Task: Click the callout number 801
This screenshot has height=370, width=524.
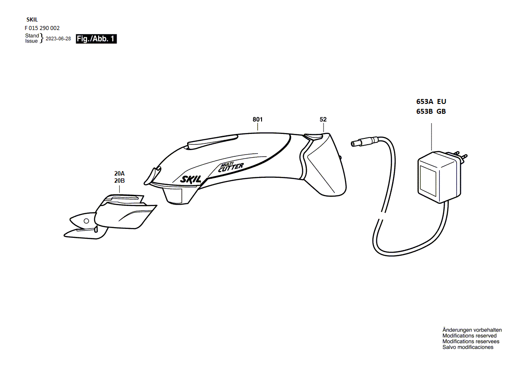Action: (257, 120)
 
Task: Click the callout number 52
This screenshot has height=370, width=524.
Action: (323, 120)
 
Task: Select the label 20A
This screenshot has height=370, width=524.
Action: (119, 174)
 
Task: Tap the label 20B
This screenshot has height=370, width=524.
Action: (119, 181)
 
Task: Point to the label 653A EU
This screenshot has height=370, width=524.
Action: (431, 102)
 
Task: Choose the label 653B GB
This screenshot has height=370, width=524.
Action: (431, 112)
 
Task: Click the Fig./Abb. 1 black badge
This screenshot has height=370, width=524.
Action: (96, 39)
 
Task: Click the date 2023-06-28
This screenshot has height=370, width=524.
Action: (58, 39)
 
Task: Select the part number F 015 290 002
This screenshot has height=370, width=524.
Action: (42, 28)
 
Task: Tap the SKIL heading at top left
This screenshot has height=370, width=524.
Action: (32, 20)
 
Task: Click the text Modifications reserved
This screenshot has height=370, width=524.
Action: (469, 336)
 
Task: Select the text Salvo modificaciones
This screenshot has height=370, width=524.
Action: (467, 347)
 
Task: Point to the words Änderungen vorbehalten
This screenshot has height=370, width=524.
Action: (472, 330)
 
